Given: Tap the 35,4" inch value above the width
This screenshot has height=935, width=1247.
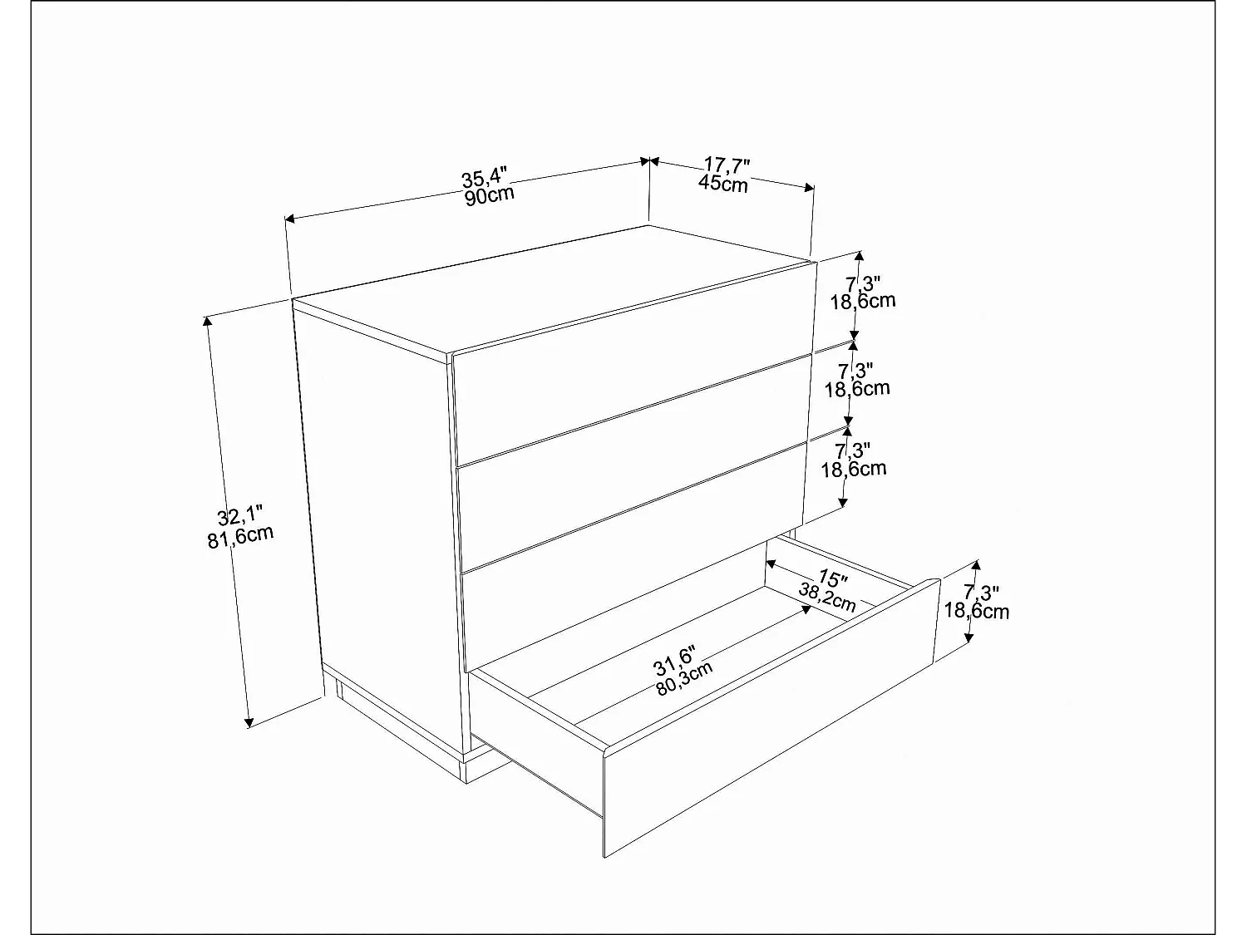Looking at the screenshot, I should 484,178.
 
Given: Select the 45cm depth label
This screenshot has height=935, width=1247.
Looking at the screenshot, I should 722,184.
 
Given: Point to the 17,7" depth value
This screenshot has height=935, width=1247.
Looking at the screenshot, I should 727,165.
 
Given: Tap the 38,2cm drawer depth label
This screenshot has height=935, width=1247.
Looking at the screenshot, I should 826,598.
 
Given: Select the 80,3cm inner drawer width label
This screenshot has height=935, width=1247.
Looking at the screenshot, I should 684,677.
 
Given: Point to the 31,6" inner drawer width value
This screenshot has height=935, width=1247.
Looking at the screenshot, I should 674,660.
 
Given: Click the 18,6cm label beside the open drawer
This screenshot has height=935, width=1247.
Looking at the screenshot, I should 977,612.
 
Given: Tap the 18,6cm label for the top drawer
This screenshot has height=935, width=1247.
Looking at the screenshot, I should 863,300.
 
